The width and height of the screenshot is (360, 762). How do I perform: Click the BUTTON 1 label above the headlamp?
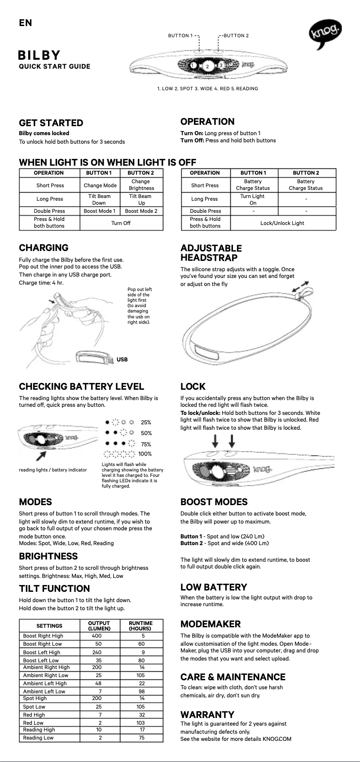(180, 35)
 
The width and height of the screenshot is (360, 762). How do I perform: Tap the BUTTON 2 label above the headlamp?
(236, 35)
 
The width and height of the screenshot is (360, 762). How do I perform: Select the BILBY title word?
(39, 55)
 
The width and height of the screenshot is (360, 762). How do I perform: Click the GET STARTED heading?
(51, 123)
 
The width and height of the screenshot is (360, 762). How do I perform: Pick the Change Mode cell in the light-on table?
(100, 185)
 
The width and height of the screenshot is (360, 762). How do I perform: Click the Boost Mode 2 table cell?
(141, 211)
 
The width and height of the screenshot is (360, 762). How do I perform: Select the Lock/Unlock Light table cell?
(282, 223)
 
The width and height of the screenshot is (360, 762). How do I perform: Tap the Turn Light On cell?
(253, 199)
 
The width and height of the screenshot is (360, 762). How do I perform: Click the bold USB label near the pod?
(122, 359)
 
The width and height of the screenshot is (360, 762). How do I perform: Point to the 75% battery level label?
(146, 444)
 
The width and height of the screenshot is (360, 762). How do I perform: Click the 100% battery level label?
(145, 454)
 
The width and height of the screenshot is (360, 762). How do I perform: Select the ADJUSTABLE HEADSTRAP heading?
(211, 253)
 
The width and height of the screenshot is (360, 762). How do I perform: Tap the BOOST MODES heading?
(214, 502)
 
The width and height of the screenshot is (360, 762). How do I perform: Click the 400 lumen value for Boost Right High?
(97, 636)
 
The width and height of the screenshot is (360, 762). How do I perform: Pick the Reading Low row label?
(38, 737)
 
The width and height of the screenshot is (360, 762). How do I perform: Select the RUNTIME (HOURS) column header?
(140, 625)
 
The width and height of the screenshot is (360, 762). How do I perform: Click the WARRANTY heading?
(207, 714)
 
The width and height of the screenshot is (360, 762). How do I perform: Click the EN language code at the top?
(26, 22)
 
